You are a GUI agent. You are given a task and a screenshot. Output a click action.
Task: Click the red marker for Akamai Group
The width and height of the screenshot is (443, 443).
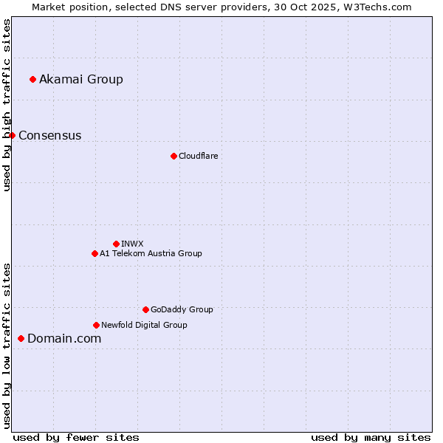(32, 79)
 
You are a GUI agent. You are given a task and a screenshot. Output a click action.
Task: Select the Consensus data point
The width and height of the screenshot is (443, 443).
(12, 135)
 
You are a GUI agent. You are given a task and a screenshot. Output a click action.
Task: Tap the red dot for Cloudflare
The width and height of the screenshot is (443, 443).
(174, 156)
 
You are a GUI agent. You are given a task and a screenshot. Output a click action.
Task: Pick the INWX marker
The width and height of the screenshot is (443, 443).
(116, 244)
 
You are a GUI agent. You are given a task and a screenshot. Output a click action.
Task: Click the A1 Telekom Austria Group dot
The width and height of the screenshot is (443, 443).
(95, 253)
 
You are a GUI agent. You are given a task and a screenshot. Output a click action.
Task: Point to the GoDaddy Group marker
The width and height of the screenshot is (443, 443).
(145, 309)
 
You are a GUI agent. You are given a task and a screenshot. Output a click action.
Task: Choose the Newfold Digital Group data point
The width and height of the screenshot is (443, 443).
(96, 325)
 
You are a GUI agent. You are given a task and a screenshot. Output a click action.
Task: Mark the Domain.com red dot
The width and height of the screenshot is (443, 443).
(21, 338)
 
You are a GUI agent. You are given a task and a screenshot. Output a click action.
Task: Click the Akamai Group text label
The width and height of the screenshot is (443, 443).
(81, 79)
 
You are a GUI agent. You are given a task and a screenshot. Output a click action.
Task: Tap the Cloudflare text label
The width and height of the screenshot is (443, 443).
(198, 156)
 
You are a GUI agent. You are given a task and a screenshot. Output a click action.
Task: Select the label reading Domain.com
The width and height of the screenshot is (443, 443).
(64, 338)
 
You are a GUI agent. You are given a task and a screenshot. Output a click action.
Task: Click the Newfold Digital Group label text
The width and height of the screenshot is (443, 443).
(144, 325)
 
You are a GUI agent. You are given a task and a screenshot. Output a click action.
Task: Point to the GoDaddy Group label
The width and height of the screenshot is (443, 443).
(182, 309)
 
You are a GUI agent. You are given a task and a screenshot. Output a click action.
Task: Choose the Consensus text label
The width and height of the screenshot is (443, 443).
(50, 135)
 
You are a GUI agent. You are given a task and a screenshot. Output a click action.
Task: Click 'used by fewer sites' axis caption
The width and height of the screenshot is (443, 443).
(76, 437)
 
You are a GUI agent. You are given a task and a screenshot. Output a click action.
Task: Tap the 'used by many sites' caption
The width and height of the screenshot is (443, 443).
(371, 437)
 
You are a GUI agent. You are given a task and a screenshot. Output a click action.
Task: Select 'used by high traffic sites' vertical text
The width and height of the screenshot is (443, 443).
(7, 106)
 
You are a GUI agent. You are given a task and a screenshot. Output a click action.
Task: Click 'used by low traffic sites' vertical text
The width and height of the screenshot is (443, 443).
(7, 346)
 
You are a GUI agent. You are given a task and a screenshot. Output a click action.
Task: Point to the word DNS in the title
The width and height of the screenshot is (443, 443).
(171, 7)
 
